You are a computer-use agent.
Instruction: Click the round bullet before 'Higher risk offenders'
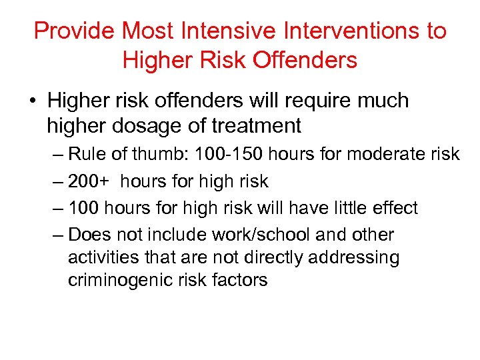pyautogui.click(x=32, y=101)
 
